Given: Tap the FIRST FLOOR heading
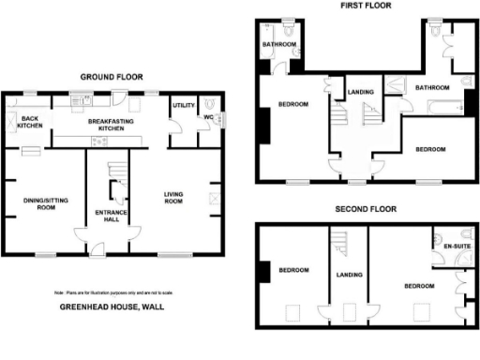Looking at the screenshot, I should (x=366, y=6).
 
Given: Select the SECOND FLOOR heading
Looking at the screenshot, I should (x=366, y=210).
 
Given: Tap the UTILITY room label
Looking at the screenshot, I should (x=181, y=105).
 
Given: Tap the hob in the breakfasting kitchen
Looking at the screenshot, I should (x=96, y=141).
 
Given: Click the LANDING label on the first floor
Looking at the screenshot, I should (x=361, y=91).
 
